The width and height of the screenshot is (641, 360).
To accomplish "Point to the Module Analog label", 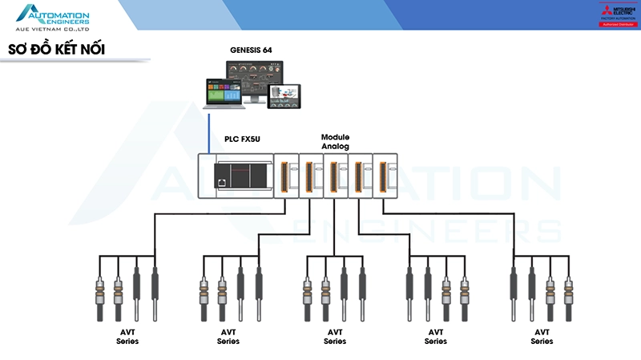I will [x=335, y=142].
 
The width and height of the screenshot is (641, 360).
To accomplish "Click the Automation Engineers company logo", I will [x=54, y=16].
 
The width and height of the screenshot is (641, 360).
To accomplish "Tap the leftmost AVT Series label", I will [x=127, y=336].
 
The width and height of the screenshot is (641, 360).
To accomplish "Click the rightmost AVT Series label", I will [x=542, y=336].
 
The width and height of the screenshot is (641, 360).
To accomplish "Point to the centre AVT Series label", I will [x=335, y=336].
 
